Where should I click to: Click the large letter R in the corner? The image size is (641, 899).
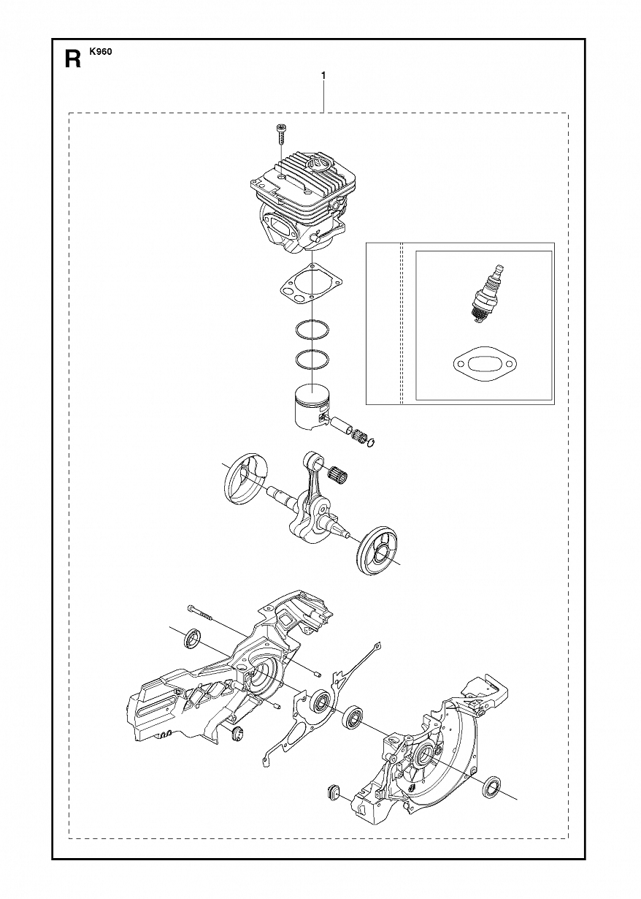pos(72,58)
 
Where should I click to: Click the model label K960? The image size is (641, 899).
pos(101,52)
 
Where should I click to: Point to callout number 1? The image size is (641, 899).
pos(323,75)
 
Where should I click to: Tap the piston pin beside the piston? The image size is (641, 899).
pos(340,423)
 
